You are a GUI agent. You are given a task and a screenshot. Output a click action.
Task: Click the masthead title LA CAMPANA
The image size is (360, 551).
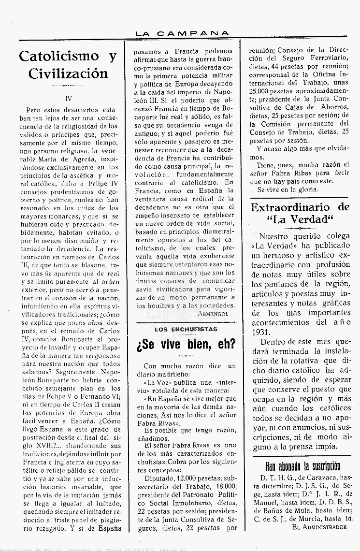coord(182,33)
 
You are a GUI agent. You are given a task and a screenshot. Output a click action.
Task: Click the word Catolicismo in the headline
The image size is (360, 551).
coord(58,57)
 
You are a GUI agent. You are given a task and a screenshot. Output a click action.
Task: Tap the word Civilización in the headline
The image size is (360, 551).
coord(68,74)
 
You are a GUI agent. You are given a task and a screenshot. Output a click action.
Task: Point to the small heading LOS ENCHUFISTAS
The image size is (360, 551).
coord(186,329)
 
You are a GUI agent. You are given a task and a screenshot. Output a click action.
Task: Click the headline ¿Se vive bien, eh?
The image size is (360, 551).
coord(186,344)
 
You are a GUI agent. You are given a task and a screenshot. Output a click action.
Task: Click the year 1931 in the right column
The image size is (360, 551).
coord(262,333)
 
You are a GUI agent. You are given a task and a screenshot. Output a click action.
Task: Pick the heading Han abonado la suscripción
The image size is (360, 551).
coord(303,466)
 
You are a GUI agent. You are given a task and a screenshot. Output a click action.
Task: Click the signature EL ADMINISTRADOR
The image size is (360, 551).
coord(319,527)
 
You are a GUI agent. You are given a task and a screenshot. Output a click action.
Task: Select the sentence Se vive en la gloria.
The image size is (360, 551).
coord(288,189)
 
